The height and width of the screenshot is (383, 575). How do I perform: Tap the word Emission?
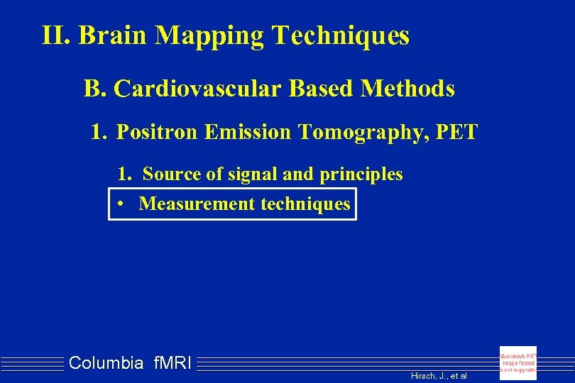[x=243, y=132]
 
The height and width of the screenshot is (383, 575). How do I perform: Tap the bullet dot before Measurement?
[x=122, y=204]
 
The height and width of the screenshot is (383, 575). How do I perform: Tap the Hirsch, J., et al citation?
[x=439, y=375]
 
